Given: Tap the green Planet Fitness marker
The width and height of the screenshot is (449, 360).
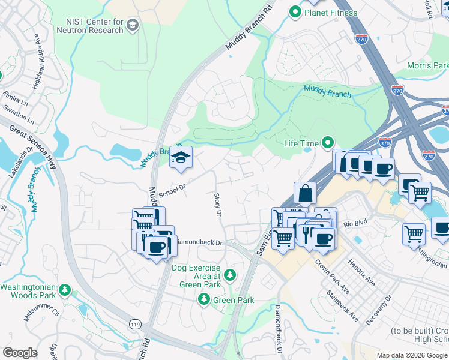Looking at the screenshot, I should [295, 12].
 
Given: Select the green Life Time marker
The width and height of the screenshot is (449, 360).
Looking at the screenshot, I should [327, 143].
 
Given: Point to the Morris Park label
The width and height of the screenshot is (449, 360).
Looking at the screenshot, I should [427, 65].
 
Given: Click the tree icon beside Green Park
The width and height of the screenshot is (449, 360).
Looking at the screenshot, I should [204, 299].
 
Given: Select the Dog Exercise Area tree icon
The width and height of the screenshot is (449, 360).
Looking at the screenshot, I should [229, 275].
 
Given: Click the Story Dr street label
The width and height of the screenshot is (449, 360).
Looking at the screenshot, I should [218, 205].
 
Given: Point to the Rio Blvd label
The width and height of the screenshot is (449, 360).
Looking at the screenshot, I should [355, 224].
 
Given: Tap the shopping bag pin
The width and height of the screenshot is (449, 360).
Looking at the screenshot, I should [305, 194].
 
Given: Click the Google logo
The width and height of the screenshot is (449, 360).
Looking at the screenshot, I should [20, 353].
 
